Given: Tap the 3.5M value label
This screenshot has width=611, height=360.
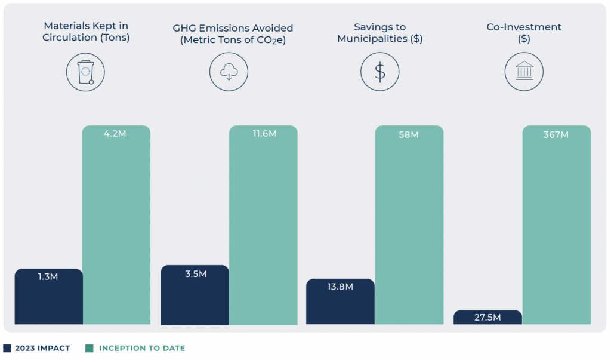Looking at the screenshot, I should point(195,274).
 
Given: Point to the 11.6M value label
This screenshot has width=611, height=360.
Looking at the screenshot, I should point(263,134).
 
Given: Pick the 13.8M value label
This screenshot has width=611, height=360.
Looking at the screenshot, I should point(340,287).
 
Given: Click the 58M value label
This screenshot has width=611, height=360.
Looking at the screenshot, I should point(409,134).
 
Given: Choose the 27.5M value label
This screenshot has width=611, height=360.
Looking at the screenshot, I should point(487,318).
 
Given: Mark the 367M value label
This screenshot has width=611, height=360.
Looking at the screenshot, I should point(556,134).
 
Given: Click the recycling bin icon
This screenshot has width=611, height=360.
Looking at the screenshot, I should point(85,72).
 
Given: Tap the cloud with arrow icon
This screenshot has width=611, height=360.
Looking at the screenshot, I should point(229,72).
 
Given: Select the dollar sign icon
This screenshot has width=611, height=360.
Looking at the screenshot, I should point(379,72).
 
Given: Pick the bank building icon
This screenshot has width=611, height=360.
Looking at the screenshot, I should point(523,72).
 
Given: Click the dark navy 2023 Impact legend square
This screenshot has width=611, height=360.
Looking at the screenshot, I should point(7,348).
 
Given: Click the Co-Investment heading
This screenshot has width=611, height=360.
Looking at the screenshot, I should point(523,33).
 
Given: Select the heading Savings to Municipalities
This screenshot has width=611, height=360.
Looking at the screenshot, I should point(379,33).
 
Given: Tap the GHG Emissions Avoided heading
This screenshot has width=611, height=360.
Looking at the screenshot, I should point(233,34).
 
